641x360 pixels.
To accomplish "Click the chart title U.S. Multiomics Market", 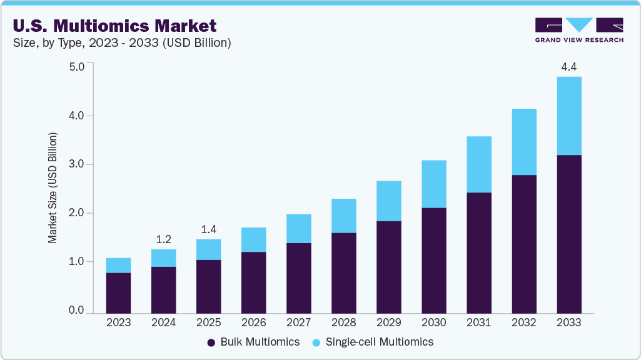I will point(114,26).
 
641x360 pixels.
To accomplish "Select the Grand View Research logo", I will point(579,30).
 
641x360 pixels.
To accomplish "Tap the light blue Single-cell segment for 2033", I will point(568,116).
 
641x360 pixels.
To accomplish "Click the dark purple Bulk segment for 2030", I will point(433,260).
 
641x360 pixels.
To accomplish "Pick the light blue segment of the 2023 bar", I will point(118,266).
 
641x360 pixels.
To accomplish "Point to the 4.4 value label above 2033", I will point(568,67).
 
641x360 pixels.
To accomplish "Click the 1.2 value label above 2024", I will point(163,239).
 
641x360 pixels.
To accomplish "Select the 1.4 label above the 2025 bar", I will point(208,229).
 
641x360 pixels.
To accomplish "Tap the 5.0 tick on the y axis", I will point(76,67).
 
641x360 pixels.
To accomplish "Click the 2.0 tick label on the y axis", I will point(76,213).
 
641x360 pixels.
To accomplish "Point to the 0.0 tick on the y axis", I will point(76,311).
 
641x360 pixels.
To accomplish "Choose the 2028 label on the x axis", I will point(343,323).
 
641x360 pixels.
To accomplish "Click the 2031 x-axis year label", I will point(478,323).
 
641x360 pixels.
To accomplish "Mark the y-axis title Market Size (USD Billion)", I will point(53,187).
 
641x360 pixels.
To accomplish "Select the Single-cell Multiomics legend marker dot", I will point(316,342).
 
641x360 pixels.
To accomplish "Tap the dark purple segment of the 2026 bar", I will point(253,282).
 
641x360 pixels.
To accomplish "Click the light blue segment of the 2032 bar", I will point(523,142).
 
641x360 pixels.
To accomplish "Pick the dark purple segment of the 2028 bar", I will point(343,272).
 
